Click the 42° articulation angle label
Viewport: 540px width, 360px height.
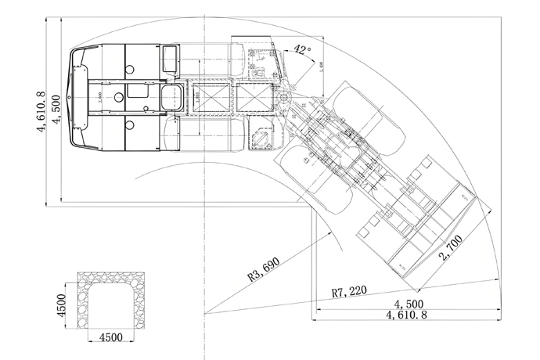tap(302, 50)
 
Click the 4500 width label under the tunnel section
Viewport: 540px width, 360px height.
tap(114, 339)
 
